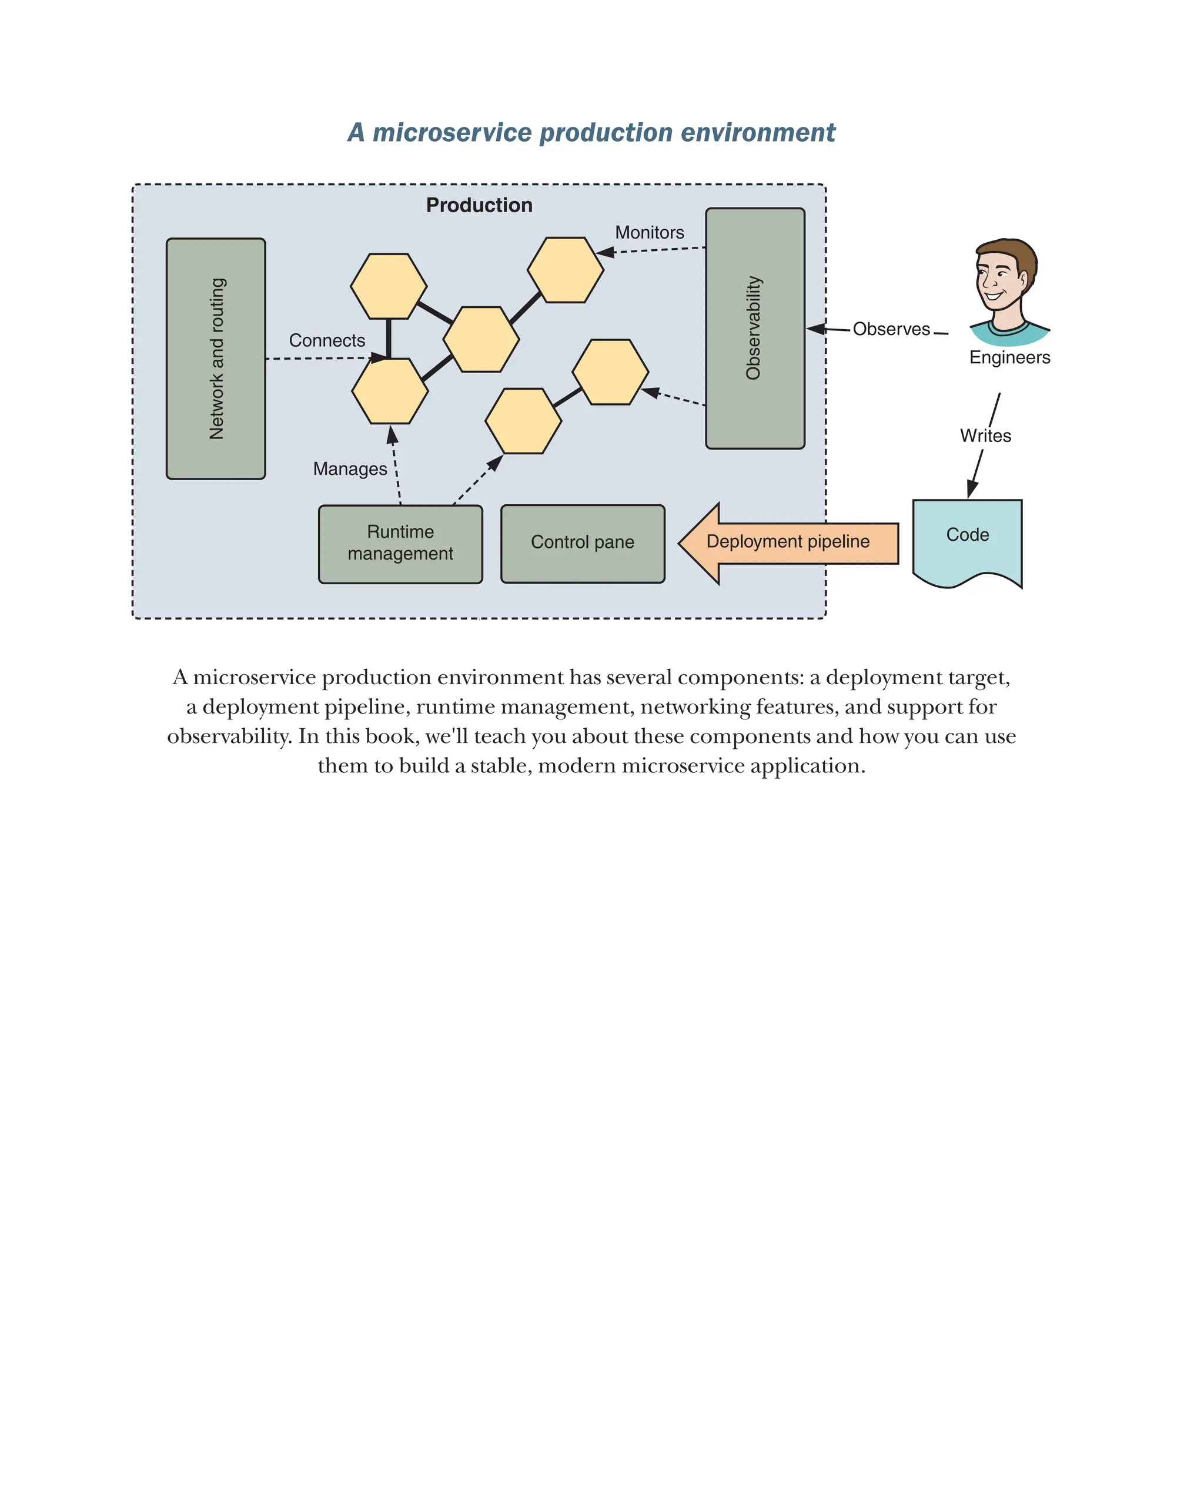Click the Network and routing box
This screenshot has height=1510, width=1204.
tap(215, 359)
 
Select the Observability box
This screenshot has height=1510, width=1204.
tap(754, 328)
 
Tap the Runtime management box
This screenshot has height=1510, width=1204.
tap(400, 544)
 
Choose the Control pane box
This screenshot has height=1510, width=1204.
tap(582, 543)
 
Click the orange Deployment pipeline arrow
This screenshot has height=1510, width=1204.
tap(787, 542)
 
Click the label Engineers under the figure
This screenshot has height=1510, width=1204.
tap(1009, 357)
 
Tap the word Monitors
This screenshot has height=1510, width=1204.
tap(649, 233)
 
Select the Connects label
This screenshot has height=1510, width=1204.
tap(327, 340)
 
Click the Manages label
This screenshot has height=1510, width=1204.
tap(350, 468)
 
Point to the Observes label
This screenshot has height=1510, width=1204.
tap(891, 329)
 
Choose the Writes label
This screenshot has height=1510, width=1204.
tap(985, 436)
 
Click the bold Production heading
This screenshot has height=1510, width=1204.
tap(479, 205)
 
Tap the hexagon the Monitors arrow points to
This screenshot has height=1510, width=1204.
tap(564, 270)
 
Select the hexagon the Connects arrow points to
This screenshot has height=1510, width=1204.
tap(389, 391)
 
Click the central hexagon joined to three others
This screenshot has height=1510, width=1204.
tap(481, 339)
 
